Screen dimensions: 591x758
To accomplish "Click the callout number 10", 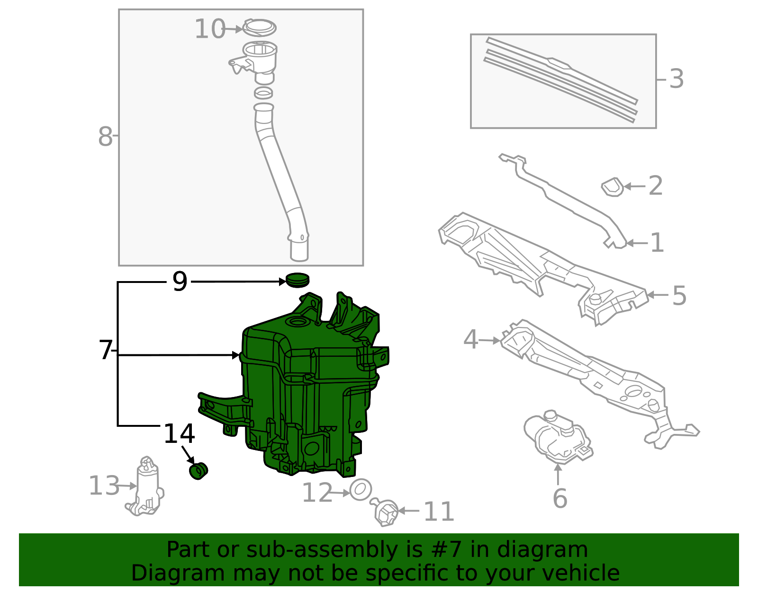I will (209, 29).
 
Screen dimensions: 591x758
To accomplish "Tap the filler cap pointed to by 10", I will (259, 27).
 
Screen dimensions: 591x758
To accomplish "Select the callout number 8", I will (105, 137).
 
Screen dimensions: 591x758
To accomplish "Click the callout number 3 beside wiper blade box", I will (677, 79).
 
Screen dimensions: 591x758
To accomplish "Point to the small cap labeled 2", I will (613, 187).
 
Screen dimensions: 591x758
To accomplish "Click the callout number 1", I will (657, 243).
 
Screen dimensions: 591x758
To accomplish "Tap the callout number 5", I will (679, 296).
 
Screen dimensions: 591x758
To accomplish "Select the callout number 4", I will (470, 339).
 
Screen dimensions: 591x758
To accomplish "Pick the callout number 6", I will (559, 499).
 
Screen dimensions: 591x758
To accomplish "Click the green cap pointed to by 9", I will (298, 280).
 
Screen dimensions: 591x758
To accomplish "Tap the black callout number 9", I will (180, 282).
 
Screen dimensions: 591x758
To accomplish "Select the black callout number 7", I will (105, 351).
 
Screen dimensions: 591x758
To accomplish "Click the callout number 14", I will (179, 434).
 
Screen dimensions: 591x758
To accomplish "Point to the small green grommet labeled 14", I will (199, 471).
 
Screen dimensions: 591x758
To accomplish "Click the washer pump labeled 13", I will (146, 487).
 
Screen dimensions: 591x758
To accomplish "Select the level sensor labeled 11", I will (385, 512).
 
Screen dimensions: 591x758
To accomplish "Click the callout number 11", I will (439, 512).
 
